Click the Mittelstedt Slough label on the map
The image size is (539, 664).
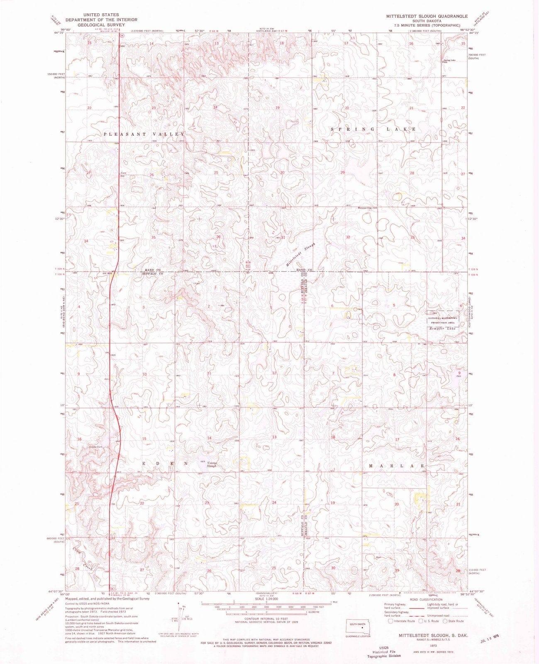(x=301, y=254)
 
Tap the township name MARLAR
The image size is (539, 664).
(x=394, y=466)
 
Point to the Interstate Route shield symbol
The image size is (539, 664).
(x=390, y=621)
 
